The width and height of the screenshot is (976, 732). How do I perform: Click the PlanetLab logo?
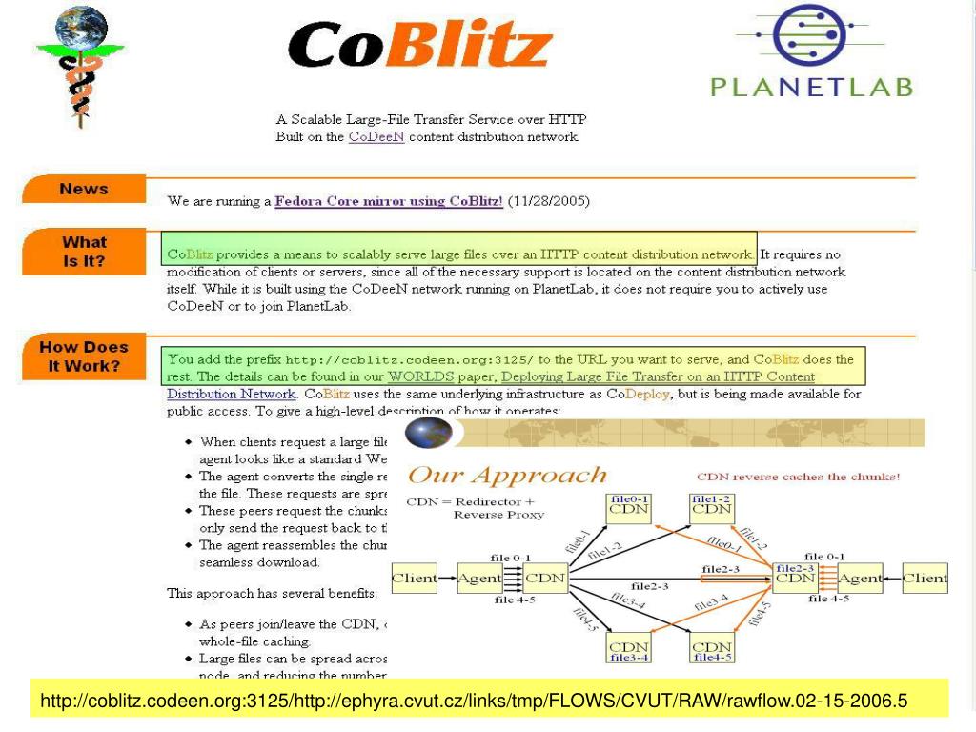tap(812, 51)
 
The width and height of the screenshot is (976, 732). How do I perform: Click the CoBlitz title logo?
tap(419, 46)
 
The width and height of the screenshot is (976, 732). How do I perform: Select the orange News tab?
tap(84, 189)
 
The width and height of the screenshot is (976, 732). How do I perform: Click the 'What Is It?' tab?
tap(84, 251)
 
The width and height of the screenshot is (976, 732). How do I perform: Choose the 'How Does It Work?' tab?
tap(84, 356)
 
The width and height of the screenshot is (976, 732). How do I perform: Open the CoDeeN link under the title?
tap(376, 136)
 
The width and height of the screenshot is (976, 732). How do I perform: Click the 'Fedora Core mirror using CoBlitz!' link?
tap(389, 202)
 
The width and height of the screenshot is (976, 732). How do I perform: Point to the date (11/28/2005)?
tap(549, 202)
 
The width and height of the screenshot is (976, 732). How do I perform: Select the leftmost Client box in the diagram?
tap(415, 578)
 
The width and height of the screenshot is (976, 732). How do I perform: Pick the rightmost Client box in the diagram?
tap(925, 578)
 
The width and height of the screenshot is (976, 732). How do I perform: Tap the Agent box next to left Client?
tap(479, 578)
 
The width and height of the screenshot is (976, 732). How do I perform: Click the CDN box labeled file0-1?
tap(629, 504)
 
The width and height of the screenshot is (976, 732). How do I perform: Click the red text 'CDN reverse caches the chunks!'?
tap(799, 477)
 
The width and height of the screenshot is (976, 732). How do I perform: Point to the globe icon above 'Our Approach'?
tap(428, 433)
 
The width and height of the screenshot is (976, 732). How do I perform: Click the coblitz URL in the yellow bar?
tap(474, 702)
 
